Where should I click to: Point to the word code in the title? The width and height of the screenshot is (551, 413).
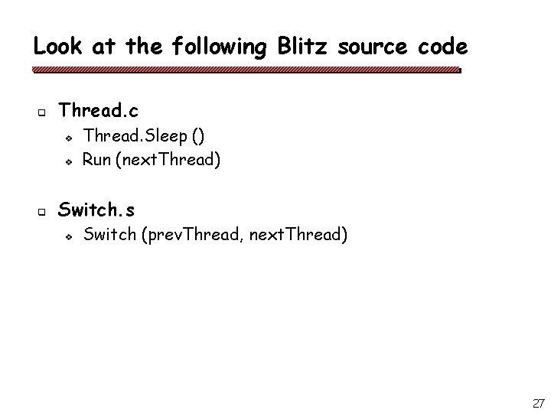pyautogui.click(x=442, y=47)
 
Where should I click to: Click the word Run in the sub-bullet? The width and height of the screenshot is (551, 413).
pyautogui.click(x=96, y=160)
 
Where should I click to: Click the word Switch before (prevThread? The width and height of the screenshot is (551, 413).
pyautogui.click(x=108, y=234)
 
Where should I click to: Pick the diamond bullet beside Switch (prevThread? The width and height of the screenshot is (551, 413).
pyautogui.click(x=68, y=236)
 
